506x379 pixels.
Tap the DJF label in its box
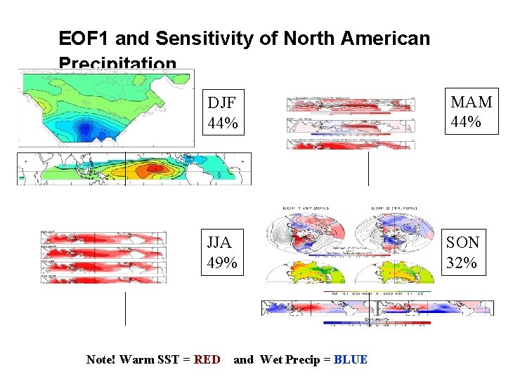click(222, 102)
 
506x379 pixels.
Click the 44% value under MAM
click(466, 122)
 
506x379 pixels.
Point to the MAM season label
click(471, 102)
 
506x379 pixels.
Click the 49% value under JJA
click(223, 264)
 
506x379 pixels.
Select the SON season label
click(463, 242)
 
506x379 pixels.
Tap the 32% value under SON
click(462, 263)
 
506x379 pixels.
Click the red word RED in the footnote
click(207, 359)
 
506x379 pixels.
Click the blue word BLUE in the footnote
click(351, 359)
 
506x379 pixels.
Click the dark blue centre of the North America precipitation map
click(86, 128)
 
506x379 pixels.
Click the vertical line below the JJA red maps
click(125, 308)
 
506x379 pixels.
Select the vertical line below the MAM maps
click(368, 168)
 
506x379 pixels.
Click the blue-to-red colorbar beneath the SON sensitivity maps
click(377, 324)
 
